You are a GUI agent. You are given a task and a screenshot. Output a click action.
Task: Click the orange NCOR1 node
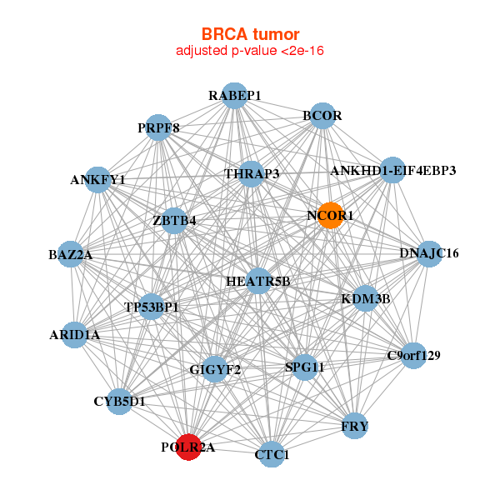[331, 216]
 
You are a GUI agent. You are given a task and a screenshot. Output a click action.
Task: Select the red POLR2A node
[189, 447]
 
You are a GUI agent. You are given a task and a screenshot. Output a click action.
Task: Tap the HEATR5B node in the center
[258, 281]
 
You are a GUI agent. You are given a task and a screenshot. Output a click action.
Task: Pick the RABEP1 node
[235, 96]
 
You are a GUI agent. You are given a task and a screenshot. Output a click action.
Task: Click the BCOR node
[322, 116]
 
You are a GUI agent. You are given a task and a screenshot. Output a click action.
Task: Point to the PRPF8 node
[158, 127]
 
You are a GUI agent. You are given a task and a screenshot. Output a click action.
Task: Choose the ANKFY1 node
[98, 179]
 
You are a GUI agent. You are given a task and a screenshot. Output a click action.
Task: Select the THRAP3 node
[251, 173]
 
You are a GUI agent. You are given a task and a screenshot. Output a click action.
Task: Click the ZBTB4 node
[175, 221]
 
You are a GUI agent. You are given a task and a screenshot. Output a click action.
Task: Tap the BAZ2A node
[70, 254]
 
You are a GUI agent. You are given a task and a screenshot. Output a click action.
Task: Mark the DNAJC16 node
[428, 253]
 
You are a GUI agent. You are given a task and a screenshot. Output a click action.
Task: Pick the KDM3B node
[366, 297]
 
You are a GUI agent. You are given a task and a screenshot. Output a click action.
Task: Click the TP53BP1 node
[152, 307]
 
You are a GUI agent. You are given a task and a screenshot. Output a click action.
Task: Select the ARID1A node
[75, 335]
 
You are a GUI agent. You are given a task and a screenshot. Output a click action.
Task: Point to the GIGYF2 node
[215, 369]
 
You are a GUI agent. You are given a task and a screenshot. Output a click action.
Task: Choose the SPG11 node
[304, 367]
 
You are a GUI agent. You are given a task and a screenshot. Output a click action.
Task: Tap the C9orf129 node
[413, 356]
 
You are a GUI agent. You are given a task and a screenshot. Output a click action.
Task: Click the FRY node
[355, 427]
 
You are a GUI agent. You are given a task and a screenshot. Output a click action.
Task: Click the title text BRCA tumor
[250, 34]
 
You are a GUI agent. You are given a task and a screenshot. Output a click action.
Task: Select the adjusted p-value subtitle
[250, 51]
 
